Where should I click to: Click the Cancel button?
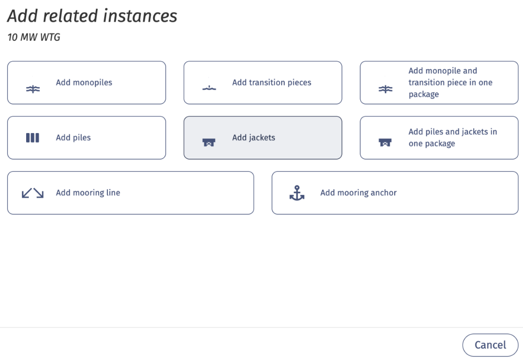click(490, 345)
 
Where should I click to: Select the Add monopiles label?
click(84, 82)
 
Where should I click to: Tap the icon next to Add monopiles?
click(32, 89)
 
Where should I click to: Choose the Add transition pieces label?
click(272, 82)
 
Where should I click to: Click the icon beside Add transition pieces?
click(209, 88)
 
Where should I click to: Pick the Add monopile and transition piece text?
click(450, 82)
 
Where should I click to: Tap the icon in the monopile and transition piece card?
click(385, 89)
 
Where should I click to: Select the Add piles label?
click(73, 138)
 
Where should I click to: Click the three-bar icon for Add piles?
click(32, 138)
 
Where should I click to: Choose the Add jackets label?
click(253, 138)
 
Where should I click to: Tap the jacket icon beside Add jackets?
click(209, 142)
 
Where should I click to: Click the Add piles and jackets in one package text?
click(453, 138)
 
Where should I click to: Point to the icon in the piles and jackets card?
click(385, 142)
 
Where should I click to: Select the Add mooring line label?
click(88, 193)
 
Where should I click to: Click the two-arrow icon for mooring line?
click(32, 193)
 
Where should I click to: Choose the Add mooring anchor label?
click(359, 193)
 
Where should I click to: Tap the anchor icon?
click(297, 193)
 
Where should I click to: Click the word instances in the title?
click(140, 16)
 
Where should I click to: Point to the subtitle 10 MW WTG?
click(34, 37)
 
